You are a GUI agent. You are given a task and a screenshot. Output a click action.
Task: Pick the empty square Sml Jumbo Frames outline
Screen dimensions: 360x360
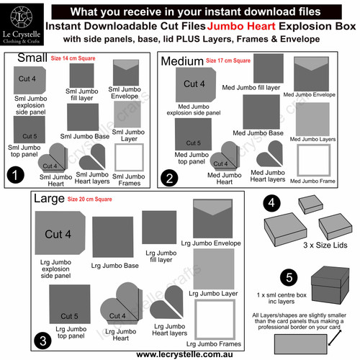128,158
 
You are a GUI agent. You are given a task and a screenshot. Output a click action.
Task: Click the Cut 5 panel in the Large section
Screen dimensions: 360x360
70,307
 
